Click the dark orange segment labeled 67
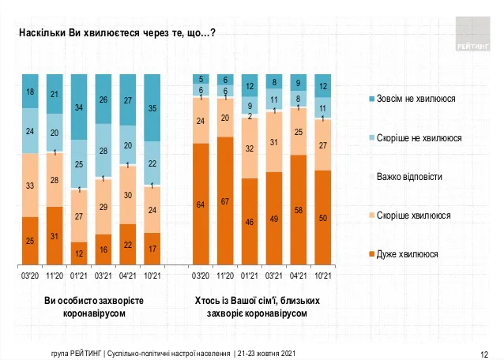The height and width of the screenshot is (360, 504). coord(225,201)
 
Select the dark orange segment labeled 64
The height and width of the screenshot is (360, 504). coord(201,204)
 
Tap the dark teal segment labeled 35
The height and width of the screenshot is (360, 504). coord(153,108)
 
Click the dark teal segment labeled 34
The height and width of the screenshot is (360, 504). coord(79,107)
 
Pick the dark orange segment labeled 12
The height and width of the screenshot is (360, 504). coord(79,252)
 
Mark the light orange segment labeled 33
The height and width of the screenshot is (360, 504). coord(30,186)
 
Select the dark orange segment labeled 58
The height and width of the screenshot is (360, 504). coord(299,210)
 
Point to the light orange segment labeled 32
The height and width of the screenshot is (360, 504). coord(250,148)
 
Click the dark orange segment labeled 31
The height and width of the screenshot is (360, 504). coord(55,235)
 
